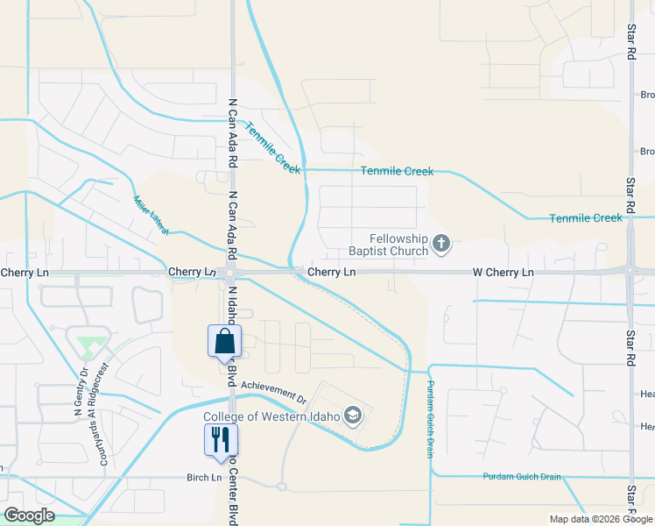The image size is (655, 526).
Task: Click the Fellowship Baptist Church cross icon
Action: pyautogui.click(x=441, y=245)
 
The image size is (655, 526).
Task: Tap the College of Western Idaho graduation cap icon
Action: pyautogui.click(x=353, y=416)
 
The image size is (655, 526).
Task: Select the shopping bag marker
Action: pyautogui.click(x=224, y=341)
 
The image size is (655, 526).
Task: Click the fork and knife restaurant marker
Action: pyautogui.click(x=219, y=438)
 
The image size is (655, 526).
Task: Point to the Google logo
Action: pyautogui.click(x=29, y=515)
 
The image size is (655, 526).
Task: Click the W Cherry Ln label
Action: pyautogui.click(x=503, y=273)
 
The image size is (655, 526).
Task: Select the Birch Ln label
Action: pyautogui.click(x=204, y=477)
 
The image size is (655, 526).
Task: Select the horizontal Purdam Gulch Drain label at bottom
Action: pyautogui.click(x=521, y=477)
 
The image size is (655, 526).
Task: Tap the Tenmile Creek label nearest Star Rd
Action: pyautogui.click(x=585, y=217)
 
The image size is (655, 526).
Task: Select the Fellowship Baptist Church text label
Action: pyautogui.click(x=398, y=245)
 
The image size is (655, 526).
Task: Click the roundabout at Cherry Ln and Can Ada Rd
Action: pyautogui.click(x=229, y=274)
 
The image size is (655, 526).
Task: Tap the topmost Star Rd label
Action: pyautogui.click(x=630, y=41)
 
